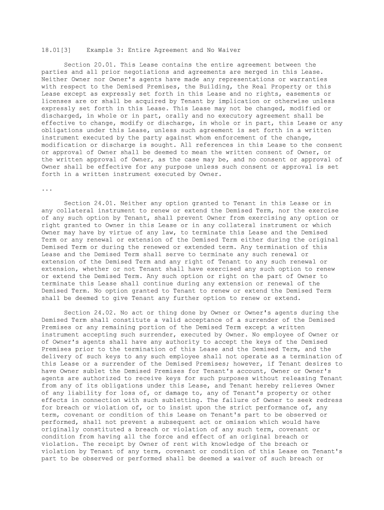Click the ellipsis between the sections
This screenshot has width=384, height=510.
point(46,189)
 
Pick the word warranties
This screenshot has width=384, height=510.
point(309,79)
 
